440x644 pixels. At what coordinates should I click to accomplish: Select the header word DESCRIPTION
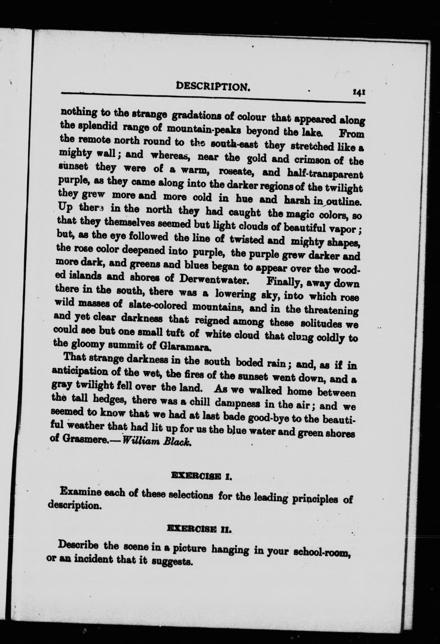(214, 87)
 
